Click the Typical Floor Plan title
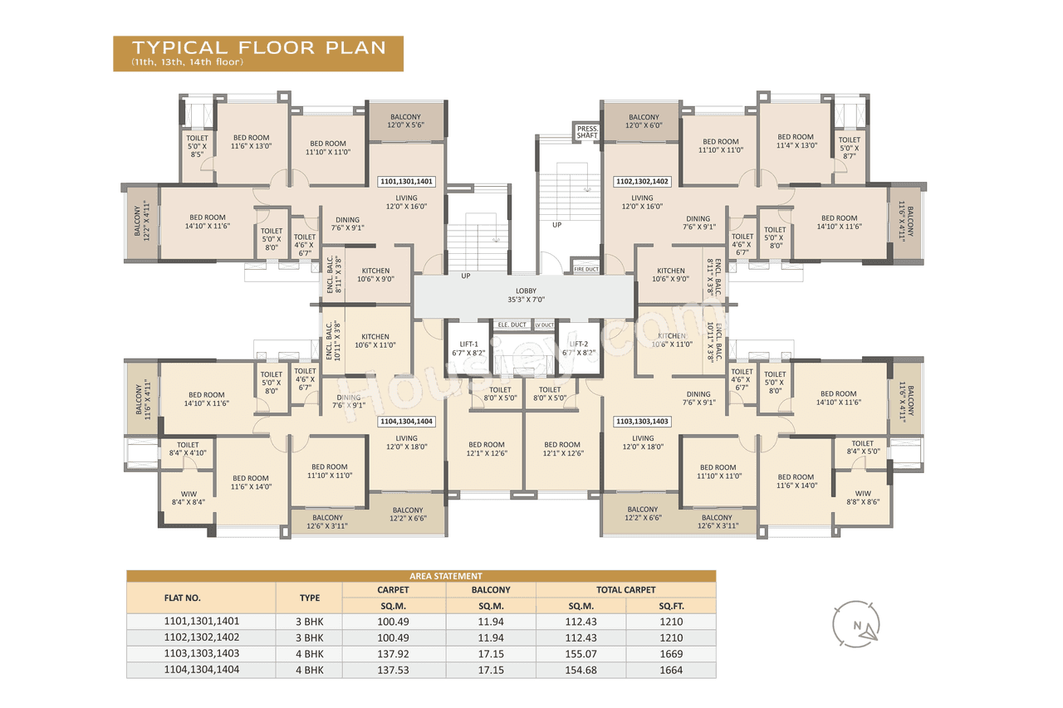tap(258, 48)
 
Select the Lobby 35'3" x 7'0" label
tap(521, 295)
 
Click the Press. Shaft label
tap(587, 132)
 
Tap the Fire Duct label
tap(586, 269)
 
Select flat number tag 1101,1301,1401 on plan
tap(406, 180)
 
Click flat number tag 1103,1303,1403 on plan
tap(642, 422)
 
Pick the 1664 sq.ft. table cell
tap(670, 670)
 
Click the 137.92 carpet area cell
tap(394, 654)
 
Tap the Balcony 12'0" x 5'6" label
tap(406, 120)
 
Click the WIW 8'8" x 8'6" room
tap(863, 496)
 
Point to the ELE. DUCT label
tap(512, 325)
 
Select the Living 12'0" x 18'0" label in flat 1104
tap(406, 442)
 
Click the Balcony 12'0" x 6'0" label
tap(644, 121)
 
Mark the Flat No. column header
tap(183, 598)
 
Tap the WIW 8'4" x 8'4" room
tap(188, 496)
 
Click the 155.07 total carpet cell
tap(580, 654)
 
